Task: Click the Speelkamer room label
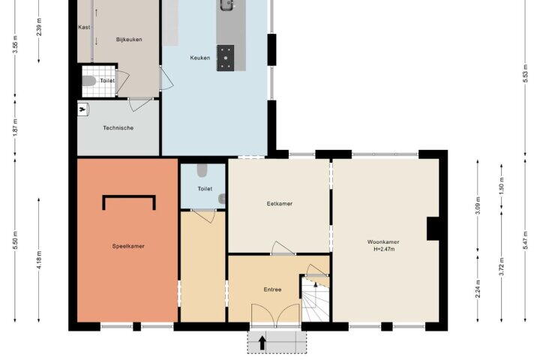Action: (x=128, y=246)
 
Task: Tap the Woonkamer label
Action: (x=383, y=241)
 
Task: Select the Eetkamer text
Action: (x=279, y=203)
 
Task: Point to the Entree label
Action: (x=272, y=289)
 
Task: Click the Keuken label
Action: (x=199, y=58)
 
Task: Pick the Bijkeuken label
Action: (x=129, y=40)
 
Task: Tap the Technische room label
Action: (x=118, y=128)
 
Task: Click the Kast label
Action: (x=84, y=27)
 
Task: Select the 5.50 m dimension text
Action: (x=15, y=241)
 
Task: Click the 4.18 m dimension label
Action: (x=39, y=260)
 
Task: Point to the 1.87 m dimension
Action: (x=15, y=127)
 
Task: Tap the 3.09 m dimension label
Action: (x=478, y=205)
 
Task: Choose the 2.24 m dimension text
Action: (x=478, y=289)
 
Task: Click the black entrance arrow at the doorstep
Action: (x=262, y=343)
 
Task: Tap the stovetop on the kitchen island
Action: (x=225, y=58)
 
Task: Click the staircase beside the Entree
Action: (x=316, y=300)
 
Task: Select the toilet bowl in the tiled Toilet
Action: (x=88, y=81)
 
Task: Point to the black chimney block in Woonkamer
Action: (x=433, y=229)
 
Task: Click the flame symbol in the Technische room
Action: (x=82, y=109)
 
